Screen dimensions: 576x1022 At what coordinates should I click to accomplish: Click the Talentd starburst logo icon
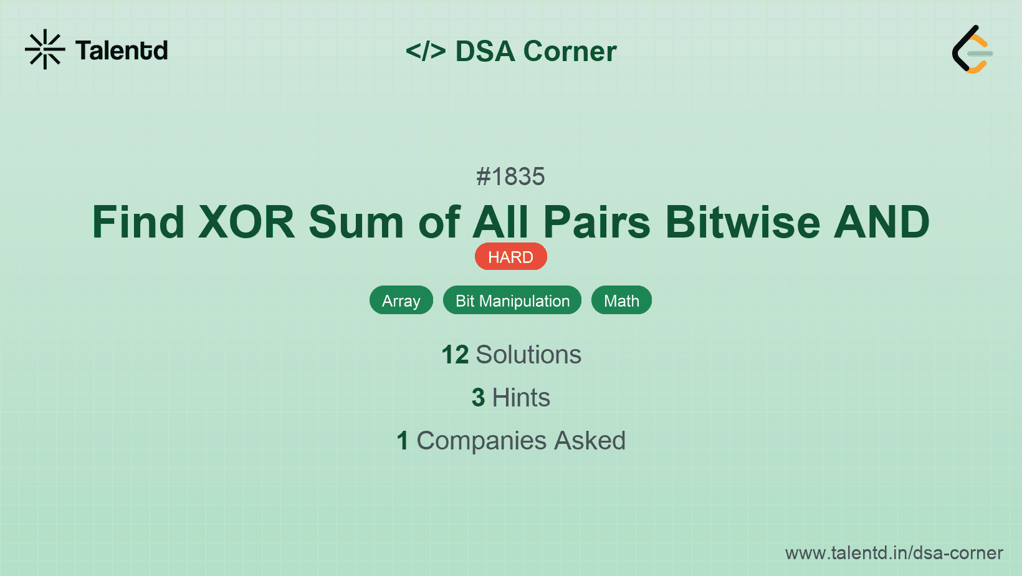pos(45,49)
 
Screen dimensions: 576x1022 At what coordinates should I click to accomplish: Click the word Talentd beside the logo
pos(122,50)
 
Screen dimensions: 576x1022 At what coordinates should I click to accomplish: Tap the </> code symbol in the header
pos(426,51)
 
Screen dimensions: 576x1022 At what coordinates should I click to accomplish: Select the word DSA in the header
pos(485,51)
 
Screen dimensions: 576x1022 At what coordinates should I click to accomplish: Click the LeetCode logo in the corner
pos(972,49)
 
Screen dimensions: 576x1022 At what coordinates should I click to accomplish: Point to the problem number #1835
pos(510,176)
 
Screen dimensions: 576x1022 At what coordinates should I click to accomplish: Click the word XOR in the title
pos(246,222)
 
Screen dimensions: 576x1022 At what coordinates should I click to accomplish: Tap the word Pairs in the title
pos(596,222)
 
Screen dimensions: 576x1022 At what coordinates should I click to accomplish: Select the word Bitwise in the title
pos(743,222)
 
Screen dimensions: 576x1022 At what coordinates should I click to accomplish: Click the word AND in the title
pos(882,222)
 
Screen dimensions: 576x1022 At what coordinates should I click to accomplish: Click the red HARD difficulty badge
pos(510,257)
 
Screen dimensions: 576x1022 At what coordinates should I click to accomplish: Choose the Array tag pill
pos(401,300)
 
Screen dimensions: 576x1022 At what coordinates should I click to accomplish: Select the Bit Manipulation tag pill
pos(512,300)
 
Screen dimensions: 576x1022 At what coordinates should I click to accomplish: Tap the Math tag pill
pos(621,300)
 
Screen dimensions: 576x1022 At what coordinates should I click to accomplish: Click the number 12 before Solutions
pos(455,355)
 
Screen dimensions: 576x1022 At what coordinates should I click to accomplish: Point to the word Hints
pos(521,398)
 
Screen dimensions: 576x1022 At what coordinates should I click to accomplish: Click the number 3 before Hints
pos(478,398)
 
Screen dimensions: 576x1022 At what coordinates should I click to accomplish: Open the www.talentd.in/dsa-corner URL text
pos(894,553)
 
